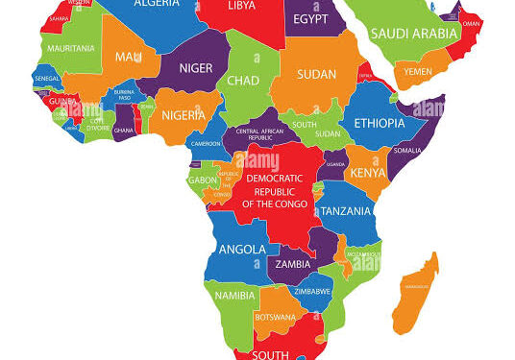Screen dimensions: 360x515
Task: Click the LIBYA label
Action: tap(241, 7)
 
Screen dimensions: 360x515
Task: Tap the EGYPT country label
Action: tap(310, 20)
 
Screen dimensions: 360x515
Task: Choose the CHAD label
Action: tap(243, 81)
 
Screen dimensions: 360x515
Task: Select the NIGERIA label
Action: tap(183, 115)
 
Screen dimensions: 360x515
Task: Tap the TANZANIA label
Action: tap(345, 211)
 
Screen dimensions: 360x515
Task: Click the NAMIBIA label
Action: tap(235, 296)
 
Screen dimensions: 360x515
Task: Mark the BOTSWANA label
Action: tap(275, 317)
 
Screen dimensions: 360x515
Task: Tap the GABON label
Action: tap(201, 180)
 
